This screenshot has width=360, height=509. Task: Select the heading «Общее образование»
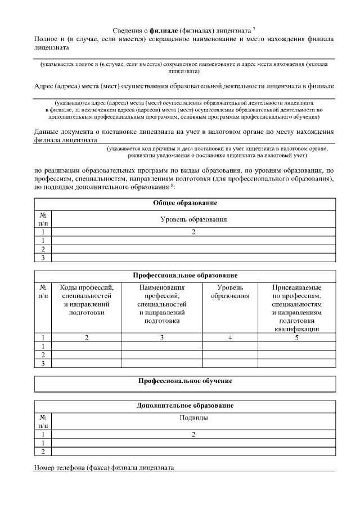185,202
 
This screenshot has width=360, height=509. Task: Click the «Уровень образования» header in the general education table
193,219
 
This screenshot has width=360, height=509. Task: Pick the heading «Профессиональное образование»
185,276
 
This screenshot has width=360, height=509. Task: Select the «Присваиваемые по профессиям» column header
296,308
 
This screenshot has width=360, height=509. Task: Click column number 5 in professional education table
296,337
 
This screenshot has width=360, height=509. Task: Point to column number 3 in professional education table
161,337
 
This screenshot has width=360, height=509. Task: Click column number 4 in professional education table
229,337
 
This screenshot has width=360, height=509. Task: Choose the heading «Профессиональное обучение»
185,381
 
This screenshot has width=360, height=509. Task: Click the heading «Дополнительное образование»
185,405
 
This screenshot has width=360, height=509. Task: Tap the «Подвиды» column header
193,417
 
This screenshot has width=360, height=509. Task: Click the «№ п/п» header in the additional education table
43,421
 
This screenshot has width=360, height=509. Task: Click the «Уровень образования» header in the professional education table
229,292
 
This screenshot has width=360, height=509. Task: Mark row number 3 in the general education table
43,258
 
